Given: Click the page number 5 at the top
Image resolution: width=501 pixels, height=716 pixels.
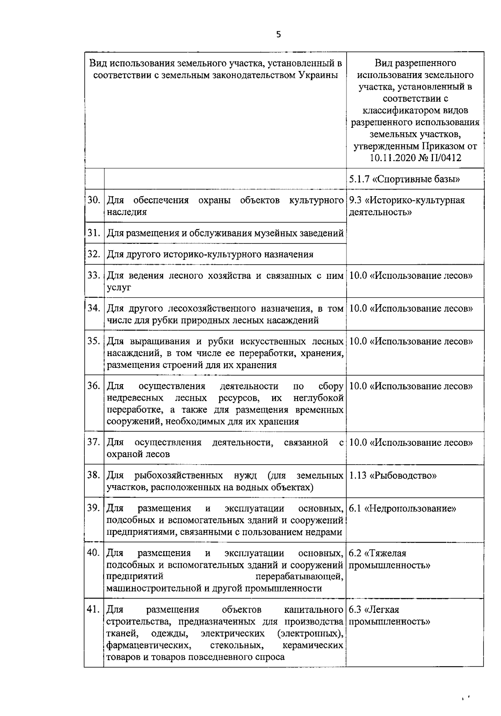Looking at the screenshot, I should click(278, 35).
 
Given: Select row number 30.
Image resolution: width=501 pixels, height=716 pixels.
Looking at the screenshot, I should click(94, 200).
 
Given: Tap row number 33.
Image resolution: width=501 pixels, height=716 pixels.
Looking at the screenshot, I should click(94, 275).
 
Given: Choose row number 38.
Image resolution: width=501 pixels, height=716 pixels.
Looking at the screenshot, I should click(94, 475).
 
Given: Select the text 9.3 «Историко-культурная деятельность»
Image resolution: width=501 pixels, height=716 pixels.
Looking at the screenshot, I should click(406, 206).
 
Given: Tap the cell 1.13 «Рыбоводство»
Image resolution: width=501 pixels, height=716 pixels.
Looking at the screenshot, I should click(392, 476).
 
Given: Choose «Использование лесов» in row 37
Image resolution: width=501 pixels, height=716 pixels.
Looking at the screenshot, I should click(421, 443).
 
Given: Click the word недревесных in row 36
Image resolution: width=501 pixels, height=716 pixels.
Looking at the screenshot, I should click(134, 397).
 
